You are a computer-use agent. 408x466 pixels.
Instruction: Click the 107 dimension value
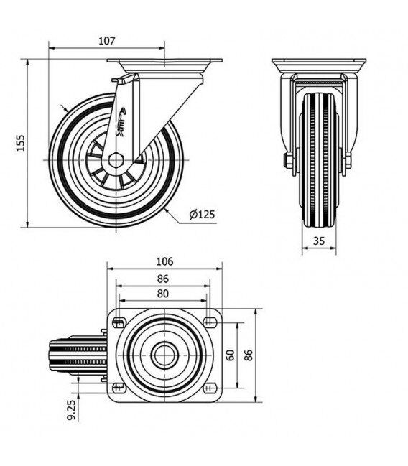pos(106,41)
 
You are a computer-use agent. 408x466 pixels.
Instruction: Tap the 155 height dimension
pos(21,143)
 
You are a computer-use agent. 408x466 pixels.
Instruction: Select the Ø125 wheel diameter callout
pos(202,214)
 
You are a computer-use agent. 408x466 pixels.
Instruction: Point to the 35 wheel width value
pos(319,241)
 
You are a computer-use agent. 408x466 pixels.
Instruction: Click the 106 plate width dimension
pos(164,261)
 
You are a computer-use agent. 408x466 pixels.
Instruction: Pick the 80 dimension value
pos(162,294)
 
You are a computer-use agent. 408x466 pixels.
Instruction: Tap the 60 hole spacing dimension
pos(231,355)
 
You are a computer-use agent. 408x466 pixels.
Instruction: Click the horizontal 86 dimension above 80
pos(162,279)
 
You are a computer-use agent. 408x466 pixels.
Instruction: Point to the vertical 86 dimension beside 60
pos(249,355)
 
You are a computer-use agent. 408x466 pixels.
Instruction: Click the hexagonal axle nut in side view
pos(116,161)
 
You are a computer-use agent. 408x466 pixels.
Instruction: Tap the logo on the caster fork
pos(121,122)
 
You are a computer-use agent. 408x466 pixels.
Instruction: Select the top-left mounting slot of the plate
pos(119,322)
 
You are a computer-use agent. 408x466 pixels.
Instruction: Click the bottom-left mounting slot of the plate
pos(119,387)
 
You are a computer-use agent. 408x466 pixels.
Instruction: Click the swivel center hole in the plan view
pos(164,355)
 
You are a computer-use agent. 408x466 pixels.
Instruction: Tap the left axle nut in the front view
pos(288,161)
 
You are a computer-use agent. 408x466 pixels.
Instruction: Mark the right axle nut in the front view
pos(348,161)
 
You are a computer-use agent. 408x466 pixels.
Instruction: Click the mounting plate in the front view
pos(319,65)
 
